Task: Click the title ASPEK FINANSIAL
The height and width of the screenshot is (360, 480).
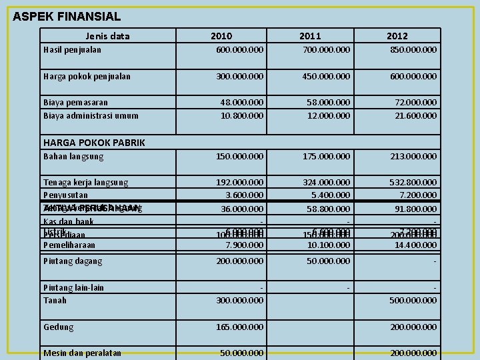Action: point(67,16)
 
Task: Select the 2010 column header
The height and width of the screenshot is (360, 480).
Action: point(221,35)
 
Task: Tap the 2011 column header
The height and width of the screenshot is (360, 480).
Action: point(309,35)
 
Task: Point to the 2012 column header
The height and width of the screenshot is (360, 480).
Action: point(397,35)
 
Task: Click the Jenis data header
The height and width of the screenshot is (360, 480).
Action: point(108,35)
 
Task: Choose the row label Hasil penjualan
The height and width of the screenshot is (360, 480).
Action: point(72,49)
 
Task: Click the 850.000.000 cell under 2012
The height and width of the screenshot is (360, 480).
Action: point(413,49)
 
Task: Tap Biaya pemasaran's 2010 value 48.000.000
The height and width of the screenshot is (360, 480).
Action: point(242,102)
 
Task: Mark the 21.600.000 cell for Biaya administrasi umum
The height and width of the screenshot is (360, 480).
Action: point(416,115)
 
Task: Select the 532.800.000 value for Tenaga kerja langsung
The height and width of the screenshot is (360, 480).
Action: point(413,182)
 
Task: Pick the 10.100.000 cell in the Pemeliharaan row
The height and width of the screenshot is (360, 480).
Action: point(329,245)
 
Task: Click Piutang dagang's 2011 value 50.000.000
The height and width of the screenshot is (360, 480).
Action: point(329,261)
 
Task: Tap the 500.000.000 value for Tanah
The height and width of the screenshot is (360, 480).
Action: point(413,300)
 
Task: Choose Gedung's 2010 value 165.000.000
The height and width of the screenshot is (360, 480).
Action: point(239,327)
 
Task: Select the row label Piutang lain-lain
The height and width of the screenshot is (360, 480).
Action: point(73,287)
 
